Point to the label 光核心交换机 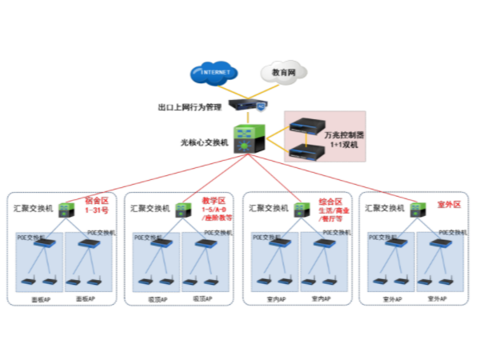pyautogui.click(x=205, y=142)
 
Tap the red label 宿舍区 pyautogui.click(x=97, y=201)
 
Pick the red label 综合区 pyautogui.click(x=330, y=201)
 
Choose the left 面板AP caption pyautogui.click(x=40, y=298)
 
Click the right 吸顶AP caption pyautogui.click(x=202, y=298)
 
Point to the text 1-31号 pyautogui.click(x=97, y=210)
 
